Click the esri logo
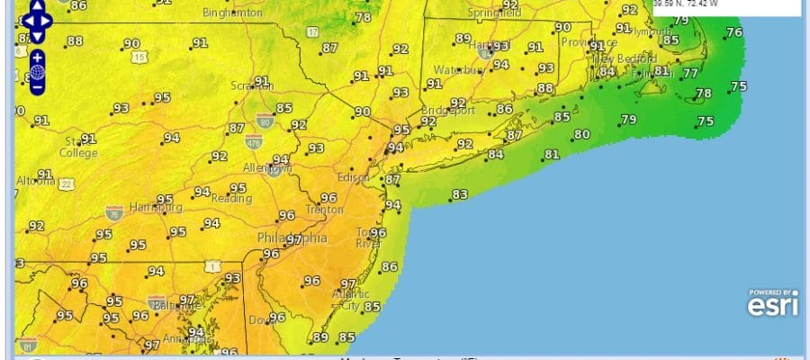click(x=771, y=304)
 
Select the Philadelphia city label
click(x=292, y=238)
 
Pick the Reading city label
click(x=229, y=198)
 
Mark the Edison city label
click(x=352, y=177)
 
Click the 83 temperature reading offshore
click(x=459, y=194)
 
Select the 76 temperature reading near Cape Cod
click(x=734, y=32)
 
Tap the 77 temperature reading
click(x=690, y=74)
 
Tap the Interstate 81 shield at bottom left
click(x=28, y=345)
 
